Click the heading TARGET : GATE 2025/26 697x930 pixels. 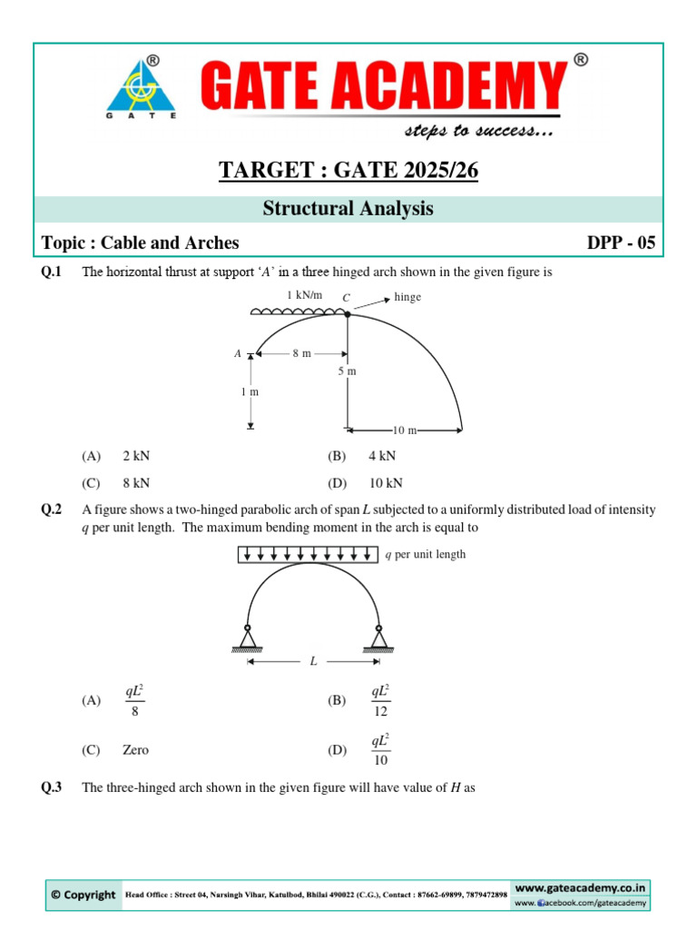(348, 170)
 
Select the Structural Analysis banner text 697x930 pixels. (348, 209)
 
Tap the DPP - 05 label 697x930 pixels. (621, 242)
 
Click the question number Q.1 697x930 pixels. (52, 272)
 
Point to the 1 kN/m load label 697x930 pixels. (304, 295)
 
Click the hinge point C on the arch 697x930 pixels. (348, 313)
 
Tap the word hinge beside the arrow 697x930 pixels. (408, 297)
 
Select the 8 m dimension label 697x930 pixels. (301, 353)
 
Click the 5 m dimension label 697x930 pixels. (348, 371)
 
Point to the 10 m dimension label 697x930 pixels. (405, 430)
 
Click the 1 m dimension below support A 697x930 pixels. (250, 391)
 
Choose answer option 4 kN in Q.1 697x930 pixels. (382, 456)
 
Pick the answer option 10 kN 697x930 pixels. (385, 483)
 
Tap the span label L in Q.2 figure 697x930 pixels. (313, 661)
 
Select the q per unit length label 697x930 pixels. (426, 555)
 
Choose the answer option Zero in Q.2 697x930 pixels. (135, 750)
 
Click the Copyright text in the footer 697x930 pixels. (83, 895)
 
